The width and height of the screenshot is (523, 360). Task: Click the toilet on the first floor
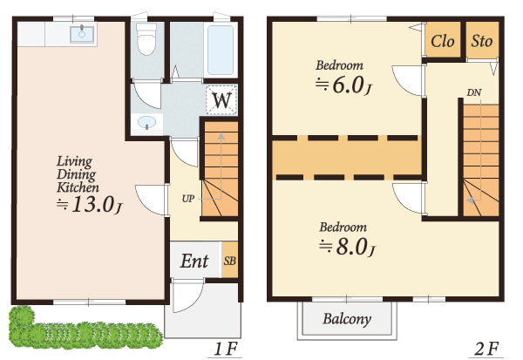pyautogui.click(x=146, y=39)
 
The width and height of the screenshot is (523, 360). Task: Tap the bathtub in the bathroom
pyautogui.click(x=221, y=50)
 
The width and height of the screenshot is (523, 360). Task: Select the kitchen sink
pyautogui.click(x=82, y=34)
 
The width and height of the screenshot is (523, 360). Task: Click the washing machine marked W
pyautogui.click(x=221, y=99)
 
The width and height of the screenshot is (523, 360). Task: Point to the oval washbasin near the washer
pyautogui.click(x=146, y=122)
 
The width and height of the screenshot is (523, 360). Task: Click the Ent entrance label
pyautogui.click(x=194, y=261)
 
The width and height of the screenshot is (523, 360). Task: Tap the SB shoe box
pyautogui.click(x=230, y=261)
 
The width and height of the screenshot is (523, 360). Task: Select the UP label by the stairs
pyautogui.click(x=188, y=199)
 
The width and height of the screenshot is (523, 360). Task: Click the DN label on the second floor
pyautogui.click(x=474, y=92)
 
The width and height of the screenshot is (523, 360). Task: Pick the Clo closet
pyautogui.click(x=442, y=40)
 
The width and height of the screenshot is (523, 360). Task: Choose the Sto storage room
pyautogui.click(x=482, y=40)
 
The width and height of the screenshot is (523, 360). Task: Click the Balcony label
pyautogui.click(x=347, y=319)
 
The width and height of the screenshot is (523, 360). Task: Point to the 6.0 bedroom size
pyautogui.click(x=348, y=85)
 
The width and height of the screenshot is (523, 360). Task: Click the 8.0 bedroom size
pyautogui.click(x=352, y=248)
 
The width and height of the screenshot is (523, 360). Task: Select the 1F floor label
pyautogui.click(x=225, y=350)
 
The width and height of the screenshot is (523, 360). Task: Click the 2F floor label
pyautogui.click(x=486, y=350)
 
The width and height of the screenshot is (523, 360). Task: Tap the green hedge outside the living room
pyautogui.click(x=84, y=330)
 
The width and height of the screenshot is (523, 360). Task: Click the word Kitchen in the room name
pyautogui.click(x=78, y=187)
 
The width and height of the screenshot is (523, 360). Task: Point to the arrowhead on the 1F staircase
pyautogui.click(x=221, y=137)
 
